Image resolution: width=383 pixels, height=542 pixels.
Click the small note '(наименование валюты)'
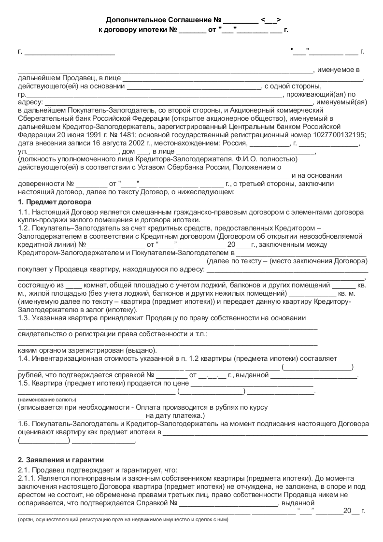(x=47, y=400)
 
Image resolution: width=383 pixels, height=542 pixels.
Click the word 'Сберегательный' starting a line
(x=44, y=117)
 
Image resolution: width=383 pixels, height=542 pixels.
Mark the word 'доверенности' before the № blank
(x=40, y=184)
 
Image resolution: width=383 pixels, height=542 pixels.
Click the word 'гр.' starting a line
(x=22, y=94)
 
